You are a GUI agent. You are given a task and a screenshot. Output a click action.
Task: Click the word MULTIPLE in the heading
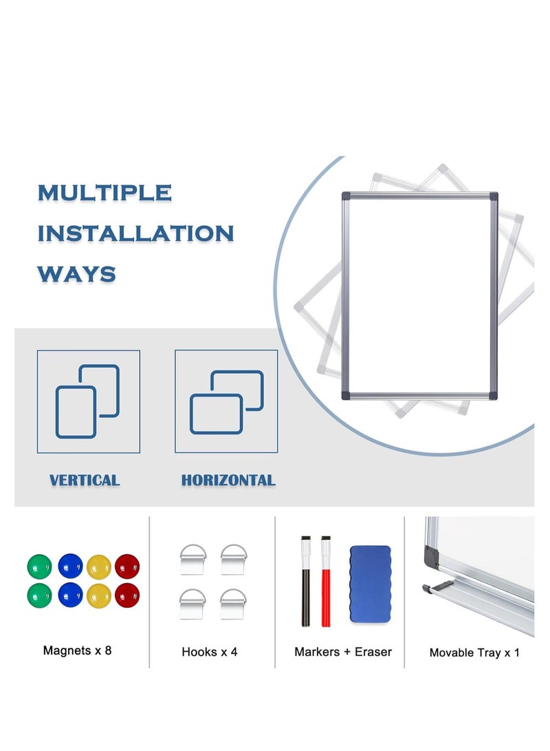click(x=104, y=193)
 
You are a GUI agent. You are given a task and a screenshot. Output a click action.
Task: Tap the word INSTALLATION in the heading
click(x=135, y=233)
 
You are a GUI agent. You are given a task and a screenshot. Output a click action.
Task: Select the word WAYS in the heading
click(x=76, y=274)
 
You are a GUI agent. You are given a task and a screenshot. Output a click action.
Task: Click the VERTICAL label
click(x=85, y=480)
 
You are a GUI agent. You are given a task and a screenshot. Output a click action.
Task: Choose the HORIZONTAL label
click(x=228, y=480)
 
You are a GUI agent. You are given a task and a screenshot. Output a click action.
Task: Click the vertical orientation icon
click(x=88, y=401)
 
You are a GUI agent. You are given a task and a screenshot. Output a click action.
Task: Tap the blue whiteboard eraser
click(x=370, y=584)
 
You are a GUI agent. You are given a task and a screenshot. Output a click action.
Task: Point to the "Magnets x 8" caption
click(x=77, y=650)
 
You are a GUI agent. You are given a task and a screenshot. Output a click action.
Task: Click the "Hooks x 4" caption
click(x=210, y=651)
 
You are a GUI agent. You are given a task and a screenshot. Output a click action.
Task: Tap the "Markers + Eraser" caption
click(x=343, y=651)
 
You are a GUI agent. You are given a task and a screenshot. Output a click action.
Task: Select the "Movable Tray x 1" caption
click(x=474, y=652)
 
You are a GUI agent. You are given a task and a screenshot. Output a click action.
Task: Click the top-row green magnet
click(x=39, y=567)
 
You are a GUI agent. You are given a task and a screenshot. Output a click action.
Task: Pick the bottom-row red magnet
click(x=127, y=595)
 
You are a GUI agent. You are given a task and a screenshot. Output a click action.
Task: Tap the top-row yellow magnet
click(x=98, y=567)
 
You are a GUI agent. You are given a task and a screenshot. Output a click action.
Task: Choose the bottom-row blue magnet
click(x=69, y=595)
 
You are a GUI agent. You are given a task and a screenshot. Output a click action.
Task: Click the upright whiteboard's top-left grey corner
click(x=346, y=196)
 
